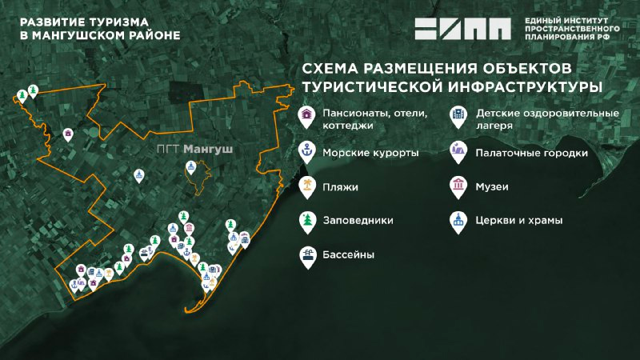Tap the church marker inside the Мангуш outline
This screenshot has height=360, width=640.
coord(190,167)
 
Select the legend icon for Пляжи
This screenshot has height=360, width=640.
coord(306,186)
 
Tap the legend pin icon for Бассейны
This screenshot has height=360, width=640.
coord(306,254)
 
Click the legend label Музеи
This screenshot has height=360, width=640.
coord(491,186)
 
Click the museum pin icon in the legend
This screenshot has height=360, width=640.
coord(457,186)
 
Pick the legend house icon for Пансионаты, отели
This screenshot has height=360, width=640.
coord(306,117)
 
